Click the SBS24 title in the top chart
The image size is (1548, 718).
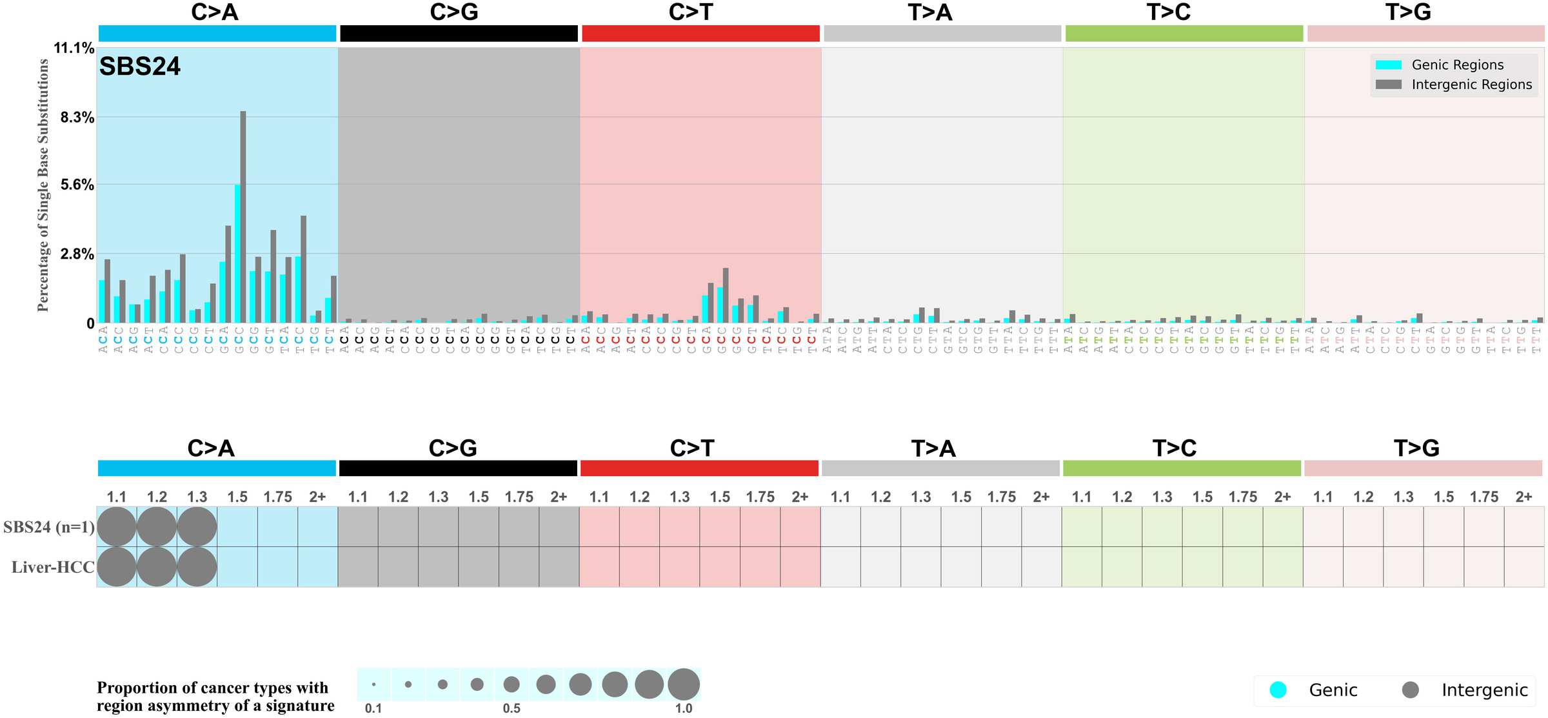click(140, 66)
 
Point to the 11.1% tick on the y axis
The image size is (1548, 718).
click(74, 48)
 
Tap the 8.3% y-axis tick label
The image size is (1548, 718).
click(77, 117)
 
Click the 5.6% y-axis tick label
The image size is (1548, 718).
click(77, 185)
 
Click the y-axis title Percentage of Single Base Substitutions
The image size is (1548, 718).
click(43, 185)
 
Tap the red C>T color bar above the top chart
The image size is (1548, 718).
click(700, 34)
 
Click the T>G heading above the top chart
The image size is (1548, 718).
click(1408, 12)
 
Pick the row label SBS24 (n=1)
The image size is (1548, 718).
click(49, 527)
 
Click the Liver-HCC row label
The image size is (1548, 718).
click(53, 567)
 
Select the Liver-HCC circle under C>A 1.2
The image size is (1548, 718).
click(157, 566)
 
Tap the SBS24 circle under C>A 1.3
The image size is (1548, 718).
click(197, 526)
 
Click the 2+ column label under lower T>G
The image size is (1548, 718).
click(1523, 497)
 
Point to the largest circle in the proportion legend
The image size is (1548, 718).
click(684, 684)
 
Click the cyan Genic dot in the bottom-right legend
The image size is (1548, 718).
click(1278, 690)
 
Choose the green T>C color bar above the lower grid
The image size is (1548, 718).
click(1182, 468)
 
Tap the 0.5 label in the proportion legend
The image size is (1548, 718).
click(511, 708)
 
